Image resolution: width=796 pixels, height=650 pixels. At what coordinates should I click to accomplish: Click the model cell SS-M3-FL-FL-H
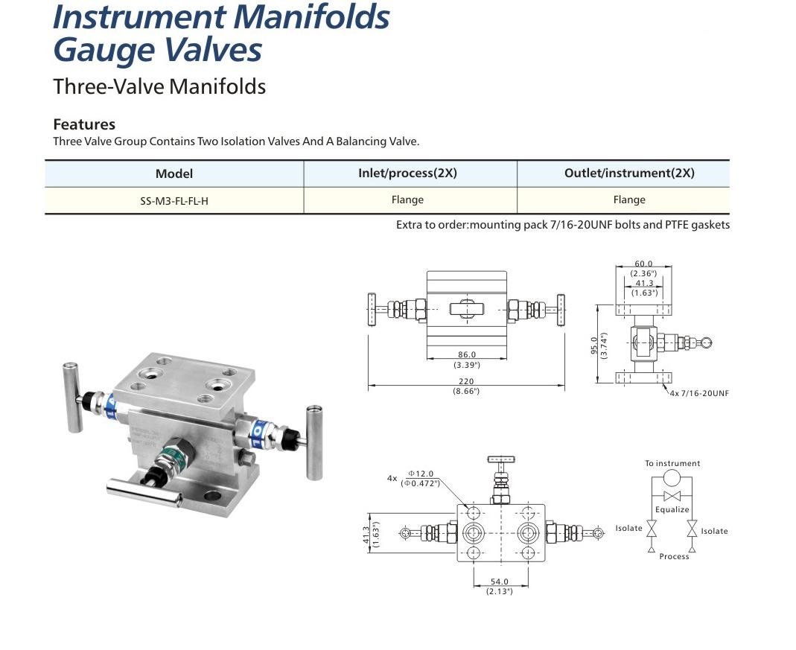coord(173,200)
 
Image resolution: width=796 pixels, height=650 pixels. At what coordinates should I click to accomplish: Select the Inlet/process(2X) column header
coord(407,173)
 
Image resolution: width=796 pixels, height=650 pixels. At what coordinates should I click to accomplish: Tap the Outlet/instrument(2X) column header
coord(629,173)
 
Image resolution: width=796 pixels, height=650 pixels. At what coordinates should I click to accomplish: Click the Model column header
coord(173,173)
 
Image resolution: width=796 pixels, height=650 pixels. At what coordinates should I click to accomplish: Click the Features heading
coord(84,124)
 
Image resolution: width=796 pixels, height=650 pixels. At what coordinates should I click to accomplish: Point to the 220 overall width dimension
coord(466,381)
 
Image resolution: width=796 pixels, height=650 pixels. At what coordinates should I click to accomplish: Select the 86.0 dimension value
coord(466,355)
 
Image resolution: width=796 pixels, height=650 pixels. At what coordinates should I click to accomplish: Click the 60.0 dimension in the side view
coord(643,264)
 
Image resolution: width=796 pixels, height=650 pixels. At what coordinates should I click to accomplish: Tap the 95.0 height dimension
coord(594,347)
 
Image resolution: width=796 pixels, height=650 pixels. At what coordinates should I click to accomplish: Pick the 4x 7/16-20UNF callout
coord(699,392)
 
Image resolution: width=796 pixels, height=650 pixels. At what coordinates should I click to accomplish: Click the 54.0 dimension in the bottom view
coord(499,582)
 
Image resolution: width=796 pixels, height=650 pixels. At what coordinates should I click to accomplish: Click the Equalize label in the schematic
coord(672,510)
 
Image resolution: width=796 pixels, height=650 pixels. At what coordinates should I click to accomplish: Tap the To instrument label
coord(672,463)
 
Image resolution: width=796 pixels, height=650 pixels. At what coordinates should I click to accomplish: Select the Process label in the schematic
coord(674,556)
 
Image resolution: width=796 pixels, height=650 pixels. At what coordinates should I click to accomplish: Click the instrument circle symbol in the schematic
coord(672,478)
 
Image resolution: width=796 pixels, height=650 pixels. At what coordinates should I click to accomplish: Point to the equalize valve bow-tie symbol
coord(672,497)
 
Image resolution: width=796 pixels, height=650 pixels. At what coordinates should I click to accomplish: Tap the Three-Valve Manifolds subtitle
coord(159,86)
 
